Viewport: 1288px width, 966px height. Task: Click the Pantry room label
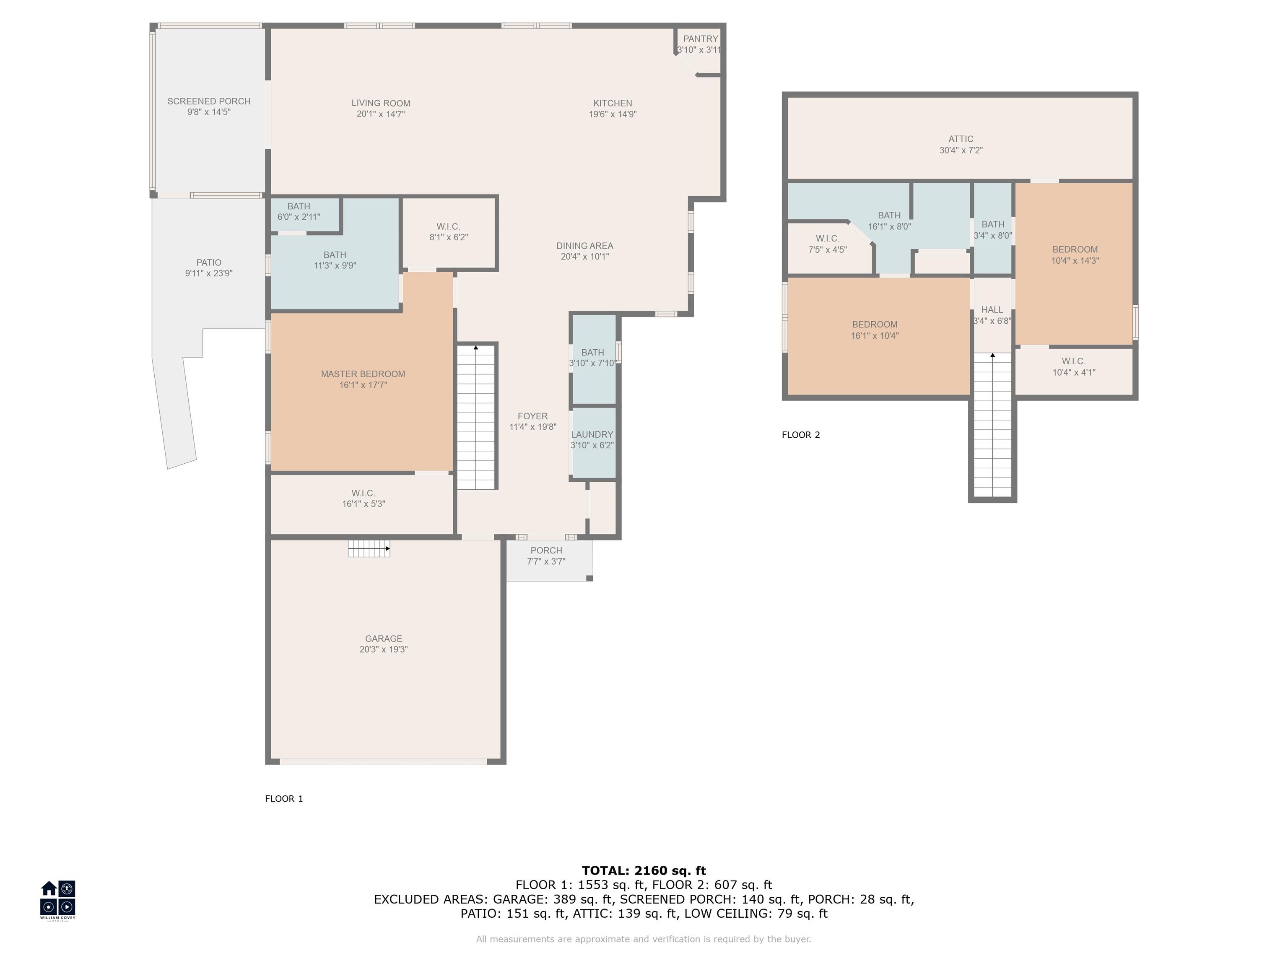click(701, 39)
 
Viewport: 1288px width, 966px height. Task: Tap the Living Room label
click(381, 103)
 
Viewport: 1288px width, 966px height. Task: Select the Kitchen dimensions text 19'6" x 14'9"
click(613, 114)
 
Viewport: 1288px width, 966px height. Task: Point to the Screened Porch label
click(209, 101)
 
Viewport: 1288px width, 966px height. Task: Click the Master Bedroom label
click(363, 374)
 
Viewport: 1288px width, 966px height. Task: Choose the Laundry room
click(594, 442)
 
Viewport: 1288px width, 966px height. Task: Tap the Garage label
click(384, 639)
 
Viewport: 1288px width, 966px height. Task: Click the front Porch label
click(546, 550)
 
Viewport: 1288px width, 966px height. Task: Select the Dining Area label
click(584, 246)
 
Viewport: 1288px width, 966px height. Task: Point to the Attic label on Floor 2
click(961, 139)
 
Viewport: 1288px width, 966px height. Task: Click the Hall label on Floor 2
click(992, 310)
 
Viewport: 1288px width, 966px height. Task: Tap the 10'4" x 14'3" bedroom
click(1074, 264)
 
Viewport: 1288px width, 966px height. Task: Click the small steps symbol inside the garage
click(369, 548)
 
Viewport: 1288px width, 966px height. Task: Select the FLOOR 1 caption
click(284, 799)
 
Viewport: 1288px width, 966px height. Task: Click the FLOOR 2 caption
click(801, 435)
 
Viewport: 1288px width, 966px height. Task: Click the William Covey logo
click(57, 900)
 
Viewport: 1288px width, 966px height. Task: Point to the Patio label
click(209, 262)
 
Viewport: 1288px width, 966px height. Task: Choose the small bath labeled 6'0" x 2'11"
click(306, 215)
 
